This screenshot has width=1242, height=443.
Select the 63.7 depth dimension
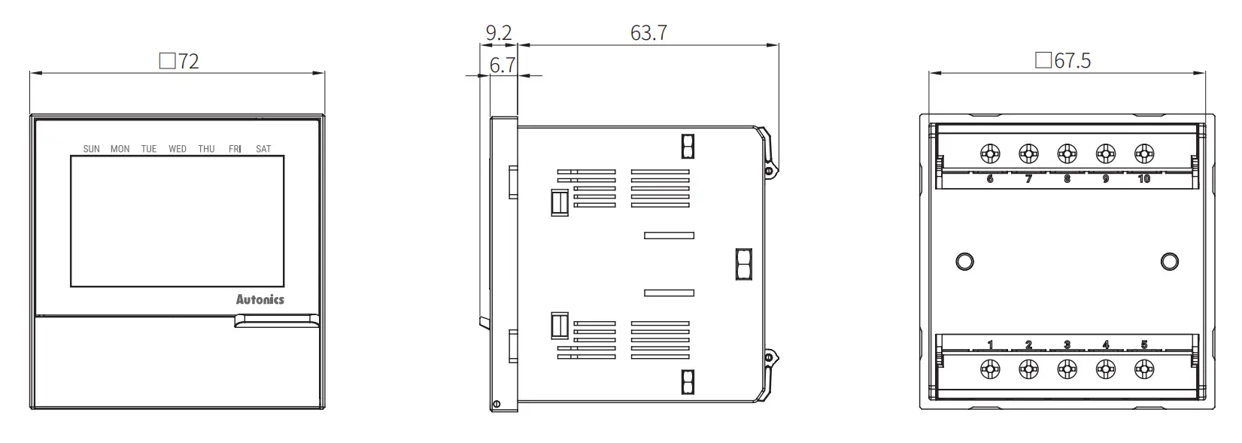point(648,33)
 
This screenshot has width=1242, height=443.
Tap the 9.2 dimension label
point(498,33)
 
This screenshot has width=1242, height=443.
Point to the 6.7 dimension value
point(503,65)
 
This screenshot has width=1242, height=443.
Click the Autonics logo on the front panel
point(260,299)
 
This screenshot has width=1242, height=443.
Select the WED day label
point(178,149)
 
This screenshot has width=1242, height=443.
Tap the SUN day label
point(91,149)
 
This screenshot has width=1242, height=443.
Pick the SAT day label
point(263,149)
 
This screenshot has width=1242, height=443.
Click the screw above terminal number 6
point(990,154)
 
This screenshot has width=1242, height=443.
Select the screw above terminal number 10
point(1143,154)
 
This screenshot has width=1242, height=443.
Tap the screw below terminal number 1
point(990,369)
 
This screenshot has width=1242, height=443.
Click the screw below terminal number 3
point(1067,369)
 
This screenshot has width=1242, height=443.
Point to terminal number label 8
point(1067,179)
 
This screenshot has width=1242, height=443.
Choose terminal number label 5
point(1144,345)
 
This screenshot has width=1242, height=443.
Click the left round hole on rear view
point(964,262)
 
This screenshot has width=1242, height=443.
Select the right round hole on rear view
point(1170,262)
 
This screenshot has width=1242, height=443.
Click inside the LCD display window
point(178,220)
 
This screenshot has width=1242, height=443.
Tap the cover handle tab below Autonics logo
point(276,322)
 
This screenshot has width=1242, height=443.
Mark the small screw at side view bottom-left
point(496,405)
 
